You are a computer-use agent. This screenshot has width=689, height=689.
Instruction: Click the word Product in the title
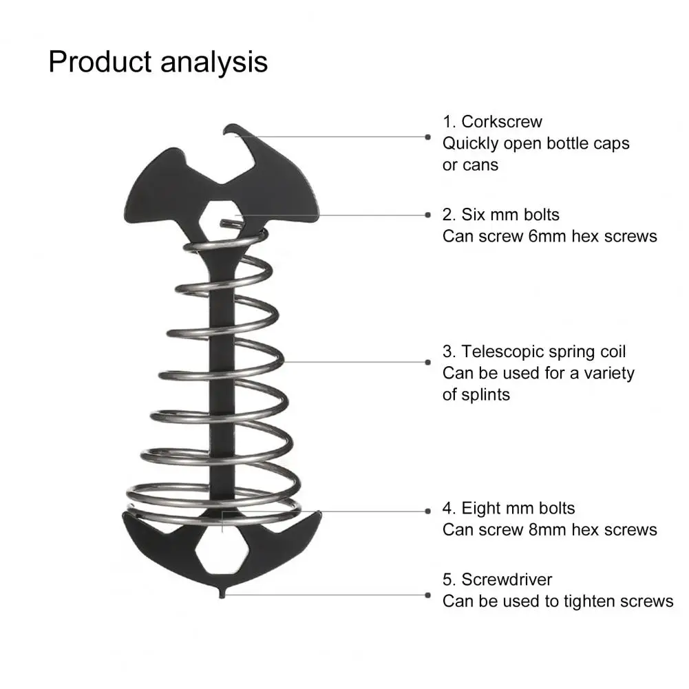click(100, 61)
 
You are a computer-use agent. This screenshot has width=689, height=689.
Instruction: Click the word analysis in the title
click(214, 63)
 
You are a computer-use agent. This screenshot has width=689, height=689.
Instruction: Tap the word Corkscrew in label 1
click(501, 122)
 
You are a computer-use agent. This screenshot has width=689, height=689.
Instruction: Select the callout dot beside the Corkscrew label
click(427, 137)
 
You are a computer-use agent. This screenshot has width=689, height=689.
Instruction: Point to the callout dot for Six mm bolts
click(428, 215)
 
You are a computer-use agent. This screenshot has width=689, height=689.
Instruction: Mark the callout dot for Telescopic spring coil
click(428, 362)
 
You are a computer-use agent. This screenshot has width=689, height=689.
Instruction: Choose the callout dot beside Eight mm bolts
click(428, 511)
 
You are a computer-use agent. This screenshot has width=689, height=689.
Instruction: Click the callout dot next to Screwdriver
click(428, 595)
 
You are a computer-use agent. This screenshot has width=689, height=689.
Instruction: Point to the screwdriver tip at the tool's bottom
click(222, 593)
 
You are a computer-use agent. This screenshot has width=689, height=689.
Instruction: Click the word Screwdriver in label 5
click(507, 580)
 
